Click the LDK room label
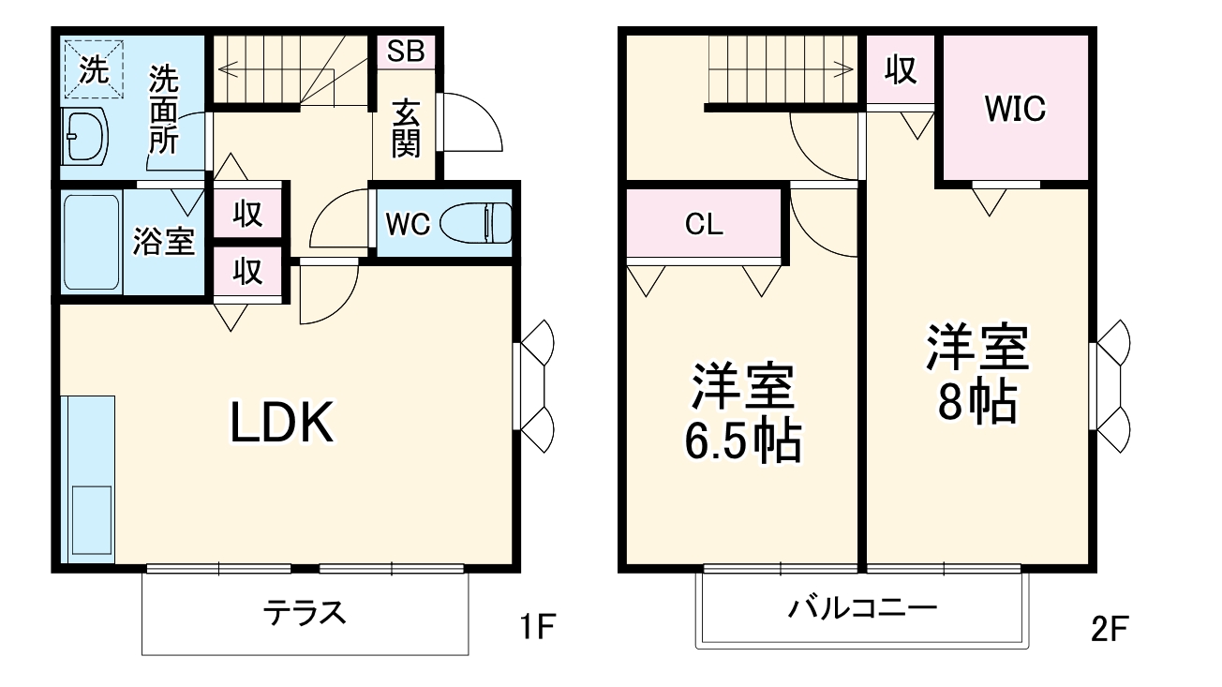[282, 425]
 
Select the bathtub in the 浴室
[91, 243]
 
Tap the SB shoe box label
[406, 52]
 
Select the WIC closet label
[1014, 109]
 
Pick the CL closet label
[704, 225]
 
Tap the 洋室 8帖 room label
[977, 373]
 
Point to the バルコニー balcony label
[861, 610]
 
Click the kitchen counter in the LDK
[87, 478]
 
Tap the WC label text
[408, 225]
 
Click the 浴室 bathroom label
[163, 241]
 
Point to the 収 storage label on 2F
[901, 69]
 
